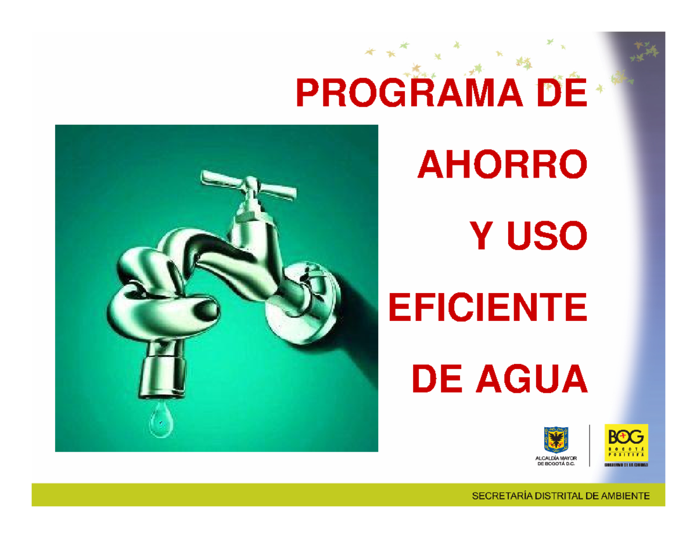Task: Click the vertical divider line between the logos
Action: pyautogui.click(x=590, y=445)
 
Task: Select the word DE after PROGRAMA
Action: pyautogui.click(x=561, y=94)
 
